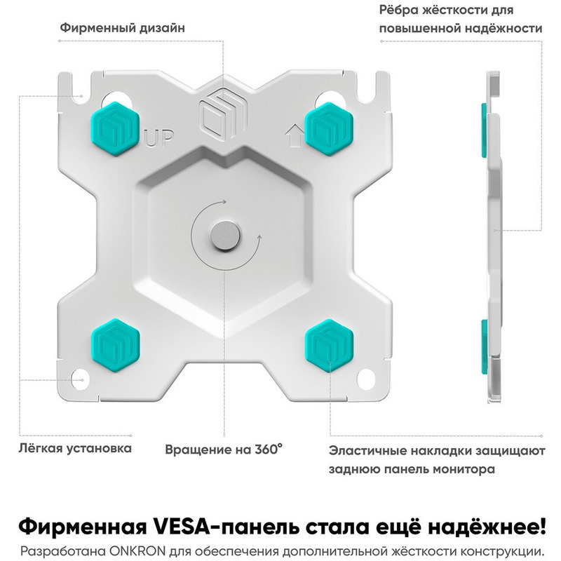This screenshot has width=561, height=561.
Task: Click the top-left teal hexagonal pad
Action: pos(115,129)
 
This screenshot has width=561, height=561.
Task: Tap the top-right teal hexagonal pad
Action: pos(329,129)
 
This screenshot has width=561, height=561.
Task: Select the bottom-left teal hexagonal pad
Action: pos(115,346)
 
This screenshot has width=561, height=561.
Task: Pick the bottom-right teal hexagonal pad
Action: pos(329,346)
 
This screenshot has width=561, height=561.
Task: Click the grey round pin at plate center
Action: pos(224,236)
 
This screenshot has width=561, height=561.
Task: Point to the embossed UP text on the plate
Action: pos(159,138)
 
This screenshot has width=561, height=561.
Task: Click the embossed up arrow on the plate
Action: pos(293,137)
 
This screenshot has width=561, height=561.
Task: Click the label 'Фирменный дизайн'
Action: pos(122,28)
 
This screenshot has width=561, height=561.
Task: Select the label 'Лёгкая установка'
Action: pos(75,448)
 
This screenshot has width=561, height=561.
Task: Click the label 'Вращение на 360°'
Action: pos(224,450)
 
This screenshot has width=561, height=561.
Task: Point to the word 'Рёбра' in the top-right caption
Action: pos(398,10)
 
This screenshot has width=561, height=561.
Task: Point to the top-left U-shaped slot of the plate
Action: pos(76,87)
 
